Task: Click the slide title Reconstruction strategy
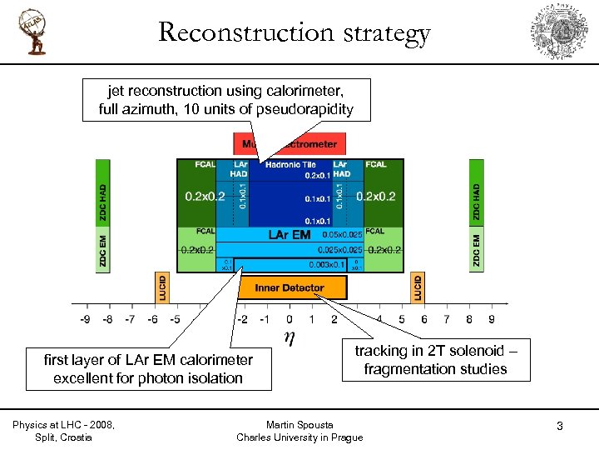coord(295,32)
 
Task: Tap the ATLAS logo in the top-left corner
coord(34,32)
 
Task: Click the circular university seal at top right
coord(564,32)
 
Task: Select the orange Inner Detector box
coord(289,287)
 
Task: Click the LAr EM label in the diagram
coord(290,235)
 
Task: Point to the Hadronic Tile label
coord(290,165)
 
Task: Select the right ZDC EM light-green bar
coord(477,251)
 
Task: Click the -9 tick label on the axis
coord(85,318)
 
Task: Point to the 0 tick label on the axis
coord(289,318)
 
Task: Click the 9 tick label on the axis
coord(492,318)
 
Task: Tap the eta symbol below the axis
coord(288,338)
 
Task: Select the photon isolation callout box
coord(148,368)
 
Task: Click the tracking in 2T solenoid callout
coord(435,360)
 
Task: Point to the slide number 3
coord(560,427)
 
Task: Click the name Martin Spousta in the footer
coord(299,425)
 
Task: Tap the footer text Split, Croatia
coord(64,437)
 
